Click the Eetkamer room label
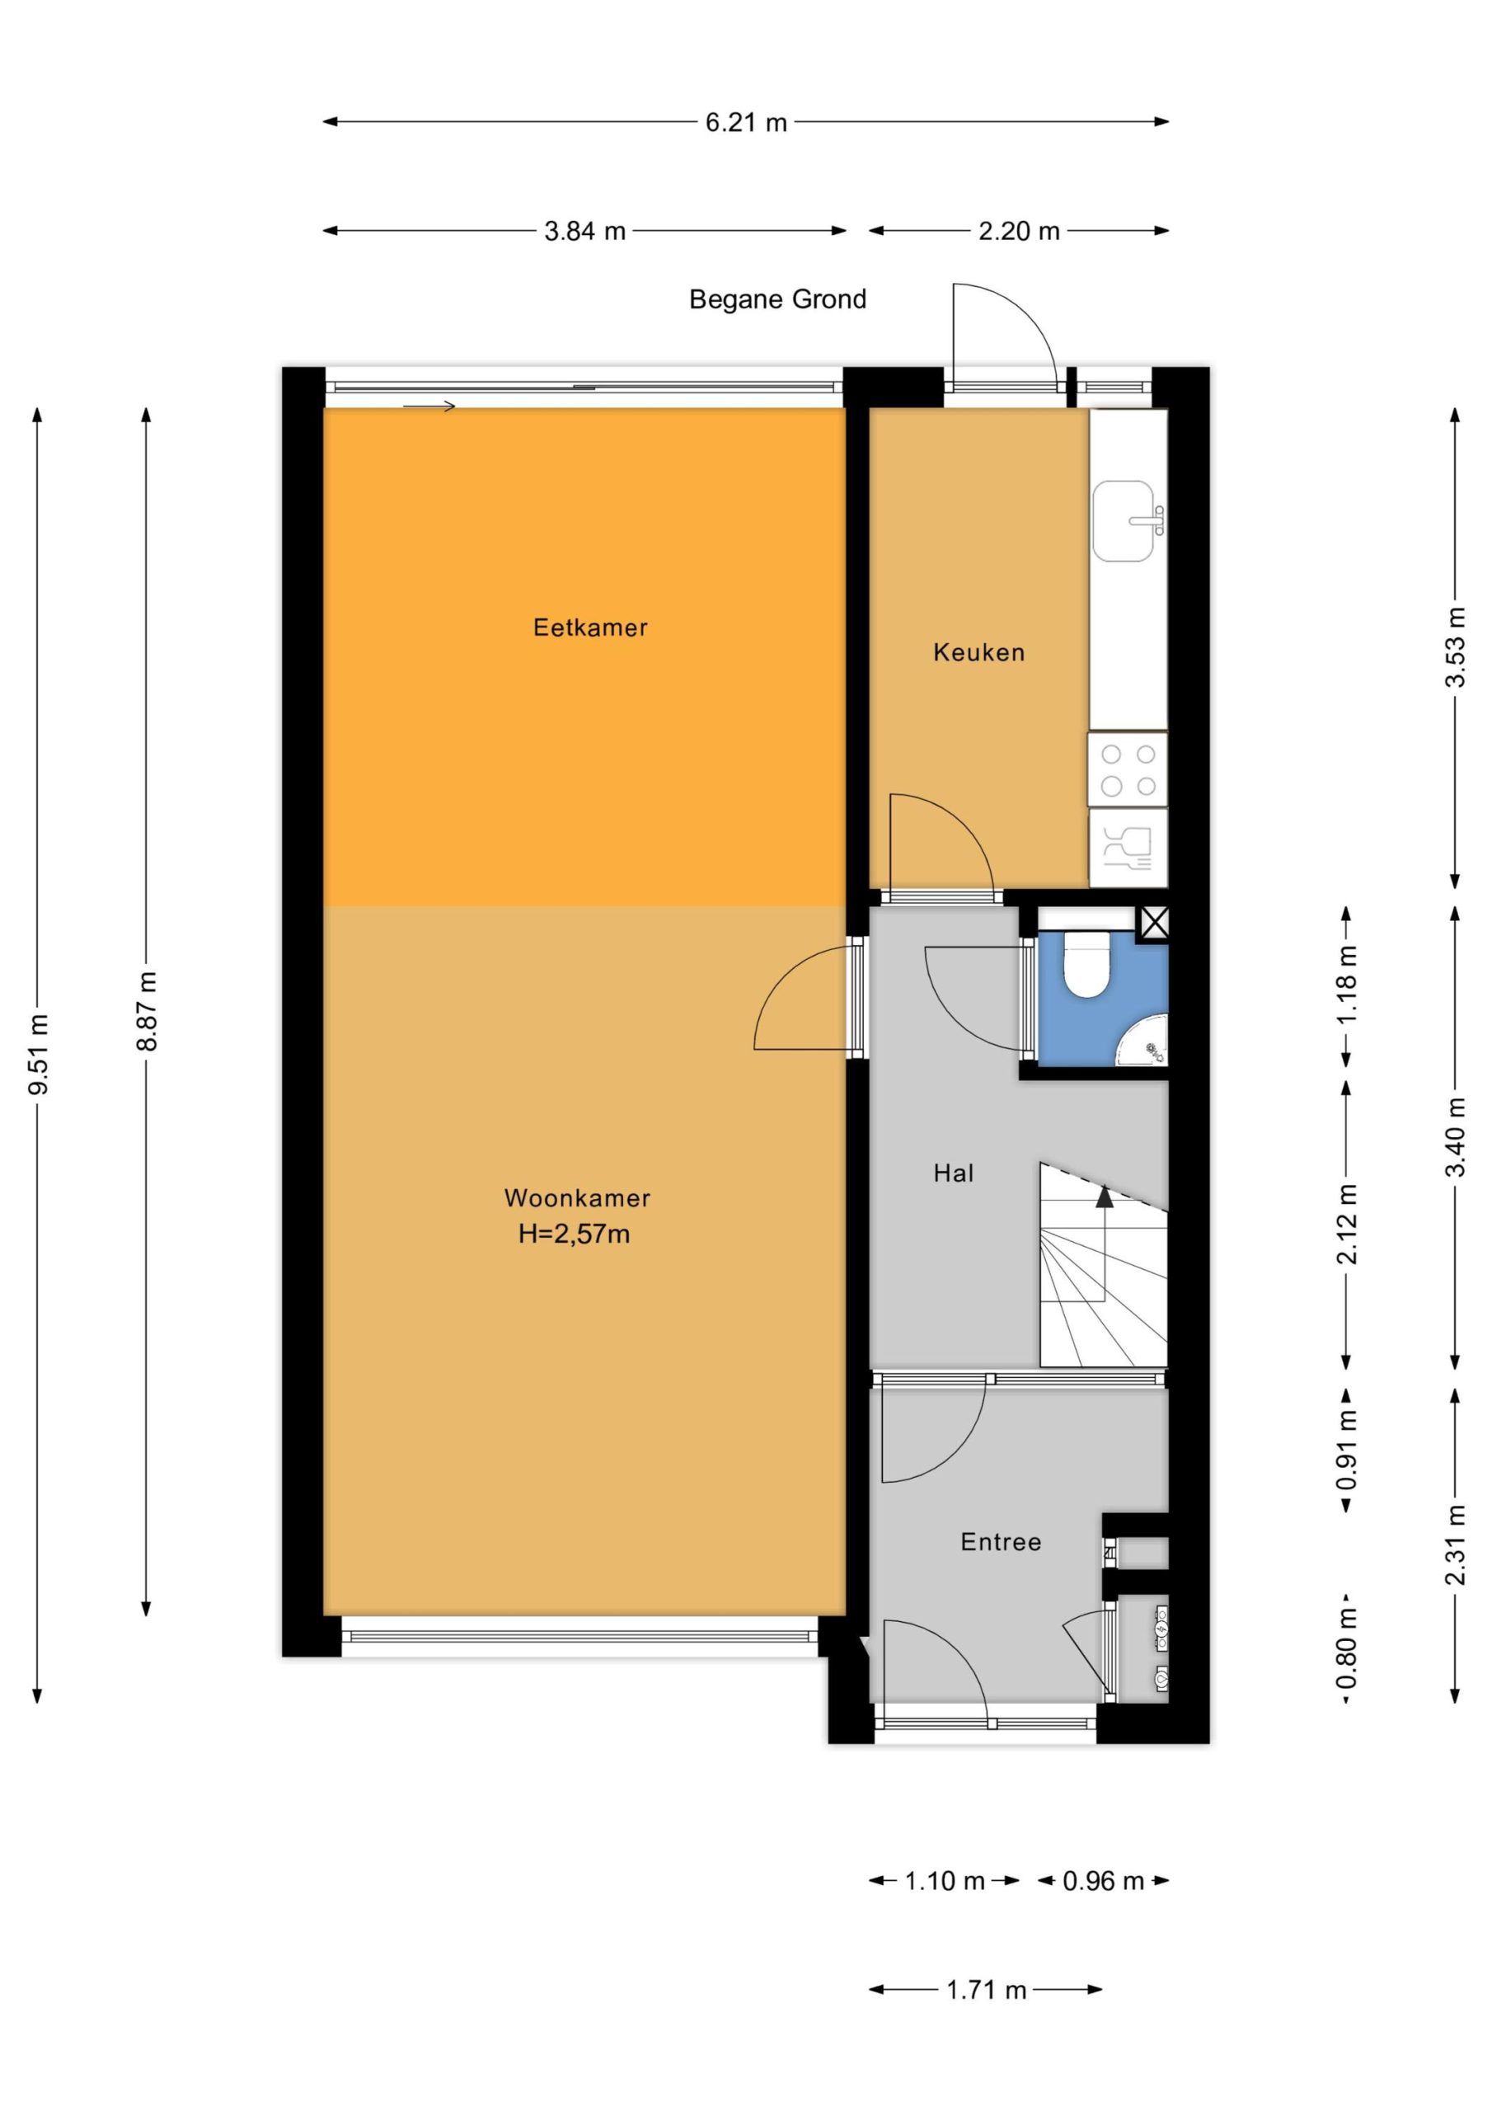coord(590,628)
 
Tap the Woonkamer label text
coord(577,1198)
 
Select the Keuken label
coord(979,653)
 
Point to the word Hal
coord(953,1173)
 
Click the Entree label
coord(1001,1542)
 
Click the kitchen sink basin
coord(1124,520)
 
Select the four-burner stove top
coord(1128,770)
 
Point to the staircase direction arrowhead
coord(1105,1195)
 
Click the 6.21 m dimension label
coord(747,122)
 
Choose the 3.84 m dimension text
coord(584,231)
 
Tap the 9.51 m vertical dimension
coord(40,1055)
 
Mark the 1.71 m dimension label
coord(987,1990)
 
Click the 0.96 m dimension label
coord(1103,1881)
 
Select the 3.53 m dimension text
coord(1455,647)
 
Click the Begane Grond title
coord(777,299)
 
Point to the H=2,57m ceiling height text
coord(575,1234)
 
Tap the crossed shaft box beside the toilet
coord(1155,923)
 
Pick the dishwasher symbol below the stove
coord(1128,848)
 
